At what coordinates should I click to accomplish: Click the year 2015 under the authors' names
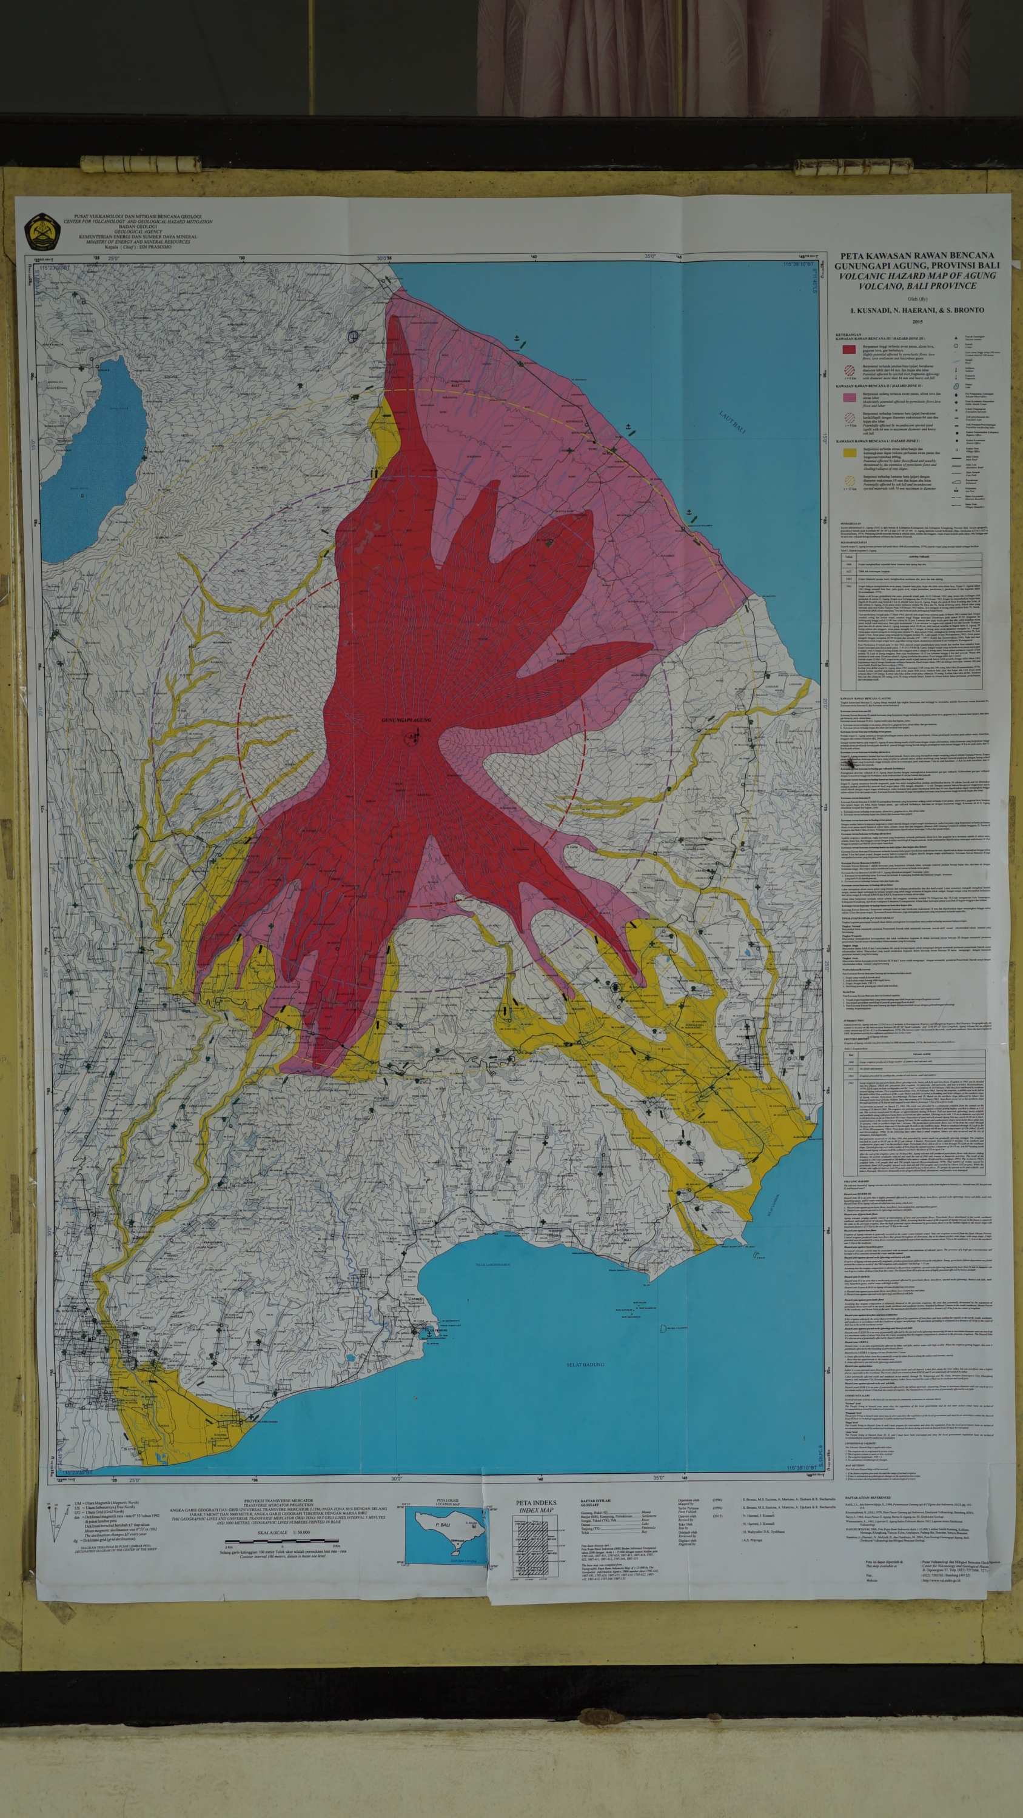917,322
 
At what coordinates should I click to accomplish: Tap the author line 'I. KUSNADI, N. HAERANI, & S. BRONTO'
917,310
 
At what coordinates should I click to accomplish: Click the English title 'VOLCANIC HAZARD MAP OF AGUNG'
917,276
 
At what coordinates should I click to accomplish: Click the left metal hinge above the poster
141,163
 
